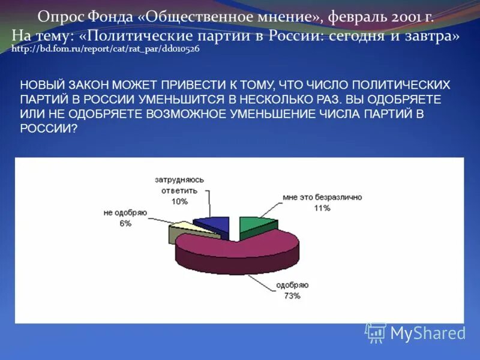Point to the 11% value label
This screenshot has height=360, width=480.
click(x=322, y=208)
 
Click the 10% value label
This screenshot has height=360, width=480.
click(x=179, y=202)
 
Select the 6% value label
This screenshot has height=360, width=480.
click(x=125, y=223)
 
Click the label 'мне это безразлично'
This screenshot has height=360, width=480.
click(x=322, y=197)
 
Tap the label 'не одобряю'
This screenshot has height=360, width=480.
click(x=125, y=212)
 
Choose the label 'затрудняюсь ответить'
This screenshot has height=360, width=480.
click(x=179, y=185)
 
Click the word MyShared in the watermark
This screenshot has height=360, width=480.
click(x=428, y=333)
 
